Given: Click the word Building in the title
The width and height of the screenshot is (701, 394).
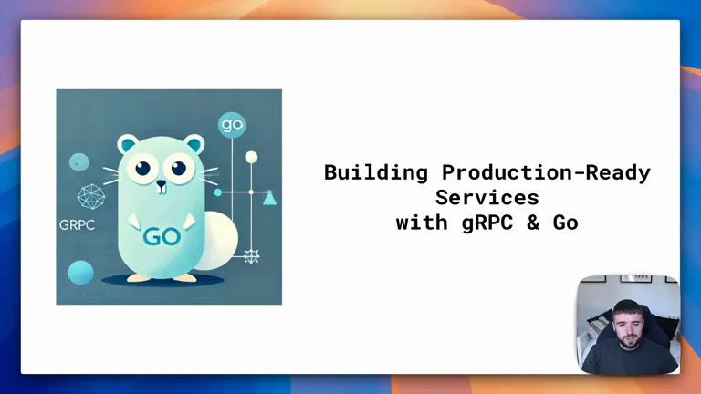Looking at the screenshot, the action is [x=376, y=173].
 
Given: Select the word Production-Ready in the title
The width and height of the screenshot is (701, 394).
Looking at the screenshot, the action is [x=547, y=172].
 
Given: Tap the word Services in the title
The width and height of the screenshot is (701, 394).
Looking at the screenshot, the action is [x=487, y=197].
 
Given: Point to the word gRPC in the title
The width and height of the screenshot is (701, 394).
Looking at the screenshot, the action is [x=487, y=223].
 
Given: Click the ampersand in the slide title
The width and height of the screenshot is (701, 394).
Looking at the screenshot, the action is [x=533, y=223].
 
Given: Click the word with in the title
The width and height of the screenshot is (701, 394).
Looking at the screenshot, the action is [x=422, y=223].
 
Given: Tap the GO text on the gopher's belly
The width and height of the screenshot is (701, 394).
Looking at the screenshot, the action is [x=162, y=237].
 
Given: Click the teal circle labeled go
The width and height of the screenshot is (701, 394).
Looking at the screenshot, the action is [x=232, y=125].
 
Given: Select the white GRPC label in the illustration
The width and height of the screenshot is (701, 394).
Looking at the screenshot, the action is [x=77, y=224].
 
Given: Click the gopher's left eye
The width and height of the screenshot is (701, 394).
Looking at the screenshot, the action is [x=143, y=168].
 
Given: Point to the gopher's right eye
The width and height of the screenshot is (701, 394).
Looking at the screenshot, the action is [x=179, y=168].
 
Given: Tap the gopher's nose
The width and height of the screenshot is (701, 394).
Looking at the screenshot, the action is [x=161, y=183].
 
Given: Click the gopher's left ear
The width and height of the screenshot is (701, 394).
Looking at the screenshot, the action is [x=128, y=144].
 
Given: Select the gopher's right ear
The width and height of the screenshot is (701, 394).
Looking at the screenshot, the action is [x=194, y=144].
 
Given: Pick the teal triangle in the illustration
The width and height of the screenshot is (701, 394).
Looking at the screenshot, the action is [x=269, y=197].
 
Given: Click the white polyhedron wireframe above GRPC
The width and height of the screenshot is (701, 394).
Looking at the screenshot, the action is [x=91, y=197].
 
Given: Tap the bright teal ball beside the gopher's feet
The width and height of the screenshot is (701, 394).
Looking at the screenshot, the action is [x=81, y=273].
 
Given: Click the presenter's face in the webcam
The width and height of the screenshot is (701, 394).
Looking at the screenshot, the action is [x=627, y=326].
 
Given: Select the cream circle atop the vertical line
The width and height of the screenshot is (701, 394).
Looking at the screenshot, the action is [x=251, y=157].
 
